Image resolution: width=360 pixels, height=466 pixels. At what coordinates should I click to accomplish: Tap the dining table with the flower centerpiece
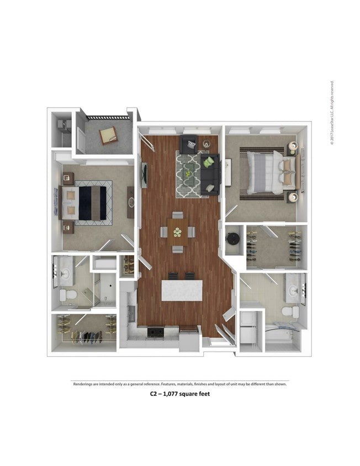point(177,232)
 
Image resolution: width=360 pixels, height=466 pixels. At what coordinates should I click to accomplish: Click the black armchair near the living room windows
point(188,145)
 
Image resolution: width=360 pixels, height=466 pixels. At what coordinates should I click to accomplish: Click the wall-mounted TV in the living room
point(144,174)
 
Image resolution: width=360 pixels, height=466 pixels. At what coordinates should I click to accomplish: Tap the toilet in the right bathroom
point(291,312)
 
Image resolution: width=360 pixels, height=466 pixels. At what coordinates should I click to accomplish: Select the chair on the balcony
point(108,135)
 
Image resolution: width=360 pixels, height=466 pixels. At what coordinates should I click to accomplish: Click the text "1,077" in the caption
point(173,394)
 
